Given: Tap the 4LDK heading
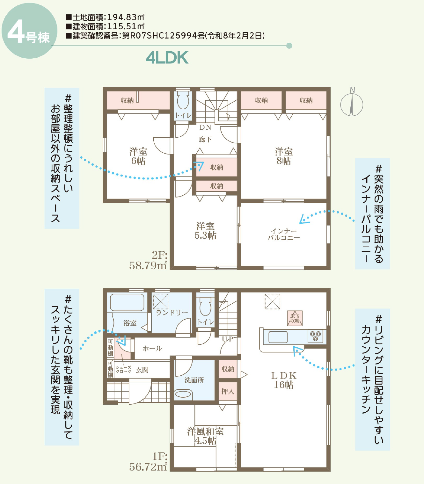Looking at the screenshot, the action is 167,58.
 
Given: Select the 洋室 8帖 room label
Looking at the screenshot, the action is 284,156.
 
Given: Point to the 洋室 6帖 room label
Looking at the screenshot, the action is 138,156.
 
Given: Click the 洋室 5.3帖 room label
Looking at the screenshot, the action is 205,231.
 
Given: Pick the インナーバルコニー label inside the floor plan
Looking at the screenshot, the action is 284,234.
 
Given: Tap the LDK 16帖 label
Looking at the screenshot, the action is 284,380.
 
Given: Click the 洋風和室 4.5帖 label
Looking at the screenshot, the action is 205,436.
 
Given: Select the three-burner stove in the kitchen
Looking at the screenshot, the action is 315,336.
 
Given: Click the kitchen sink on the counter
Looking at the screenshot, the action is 278,337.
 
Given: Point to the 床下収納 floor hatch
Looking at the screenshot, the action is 295,318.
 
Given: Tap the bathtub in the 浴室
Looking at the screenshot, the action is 127,303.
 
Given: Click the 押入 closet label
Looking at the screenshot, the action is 228,392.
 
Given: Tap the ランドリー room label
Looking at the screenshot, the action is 172,313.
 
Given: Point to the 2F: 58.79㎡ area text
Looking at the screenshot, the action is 148,260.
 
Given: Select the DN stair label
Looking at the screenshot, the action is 205,127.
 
